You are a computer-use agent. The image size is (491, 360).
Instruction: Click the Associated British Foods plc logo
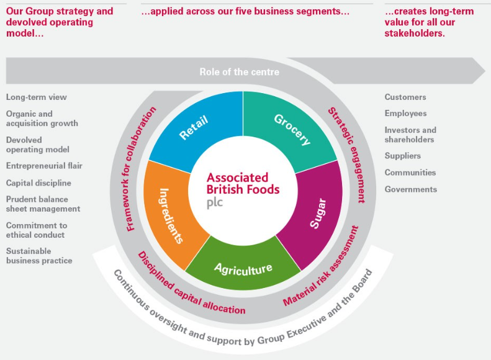[x=243, y=189]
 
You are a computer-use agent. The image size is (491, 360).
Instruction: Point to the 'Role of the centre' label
[x=239, y=72]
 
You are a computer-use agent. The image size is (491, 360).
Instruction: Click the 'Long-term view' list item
[x=36, y=97]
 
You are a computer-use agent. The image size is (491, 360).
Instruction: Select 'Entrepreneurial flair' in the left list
[x=44, y=166]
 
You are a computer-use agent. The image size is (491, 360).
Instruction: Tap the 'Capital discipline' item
[x=38, y=183]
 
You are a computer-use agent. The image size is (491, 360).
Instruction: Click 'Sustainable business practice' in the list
[x=39, y=256]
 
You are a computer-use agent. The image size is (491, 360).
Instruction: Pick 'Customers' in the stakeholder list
[x=405, y=97]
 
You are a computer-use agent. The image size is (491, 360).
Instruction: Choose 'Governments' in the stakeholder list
[x=410, y=189]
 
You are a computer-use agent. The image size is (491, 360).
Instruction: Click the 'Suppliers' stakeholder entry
[x=402, y=156]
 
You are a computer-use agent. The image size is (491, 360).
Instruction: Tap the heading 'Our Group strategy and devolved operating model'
[x=60, y=22]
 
